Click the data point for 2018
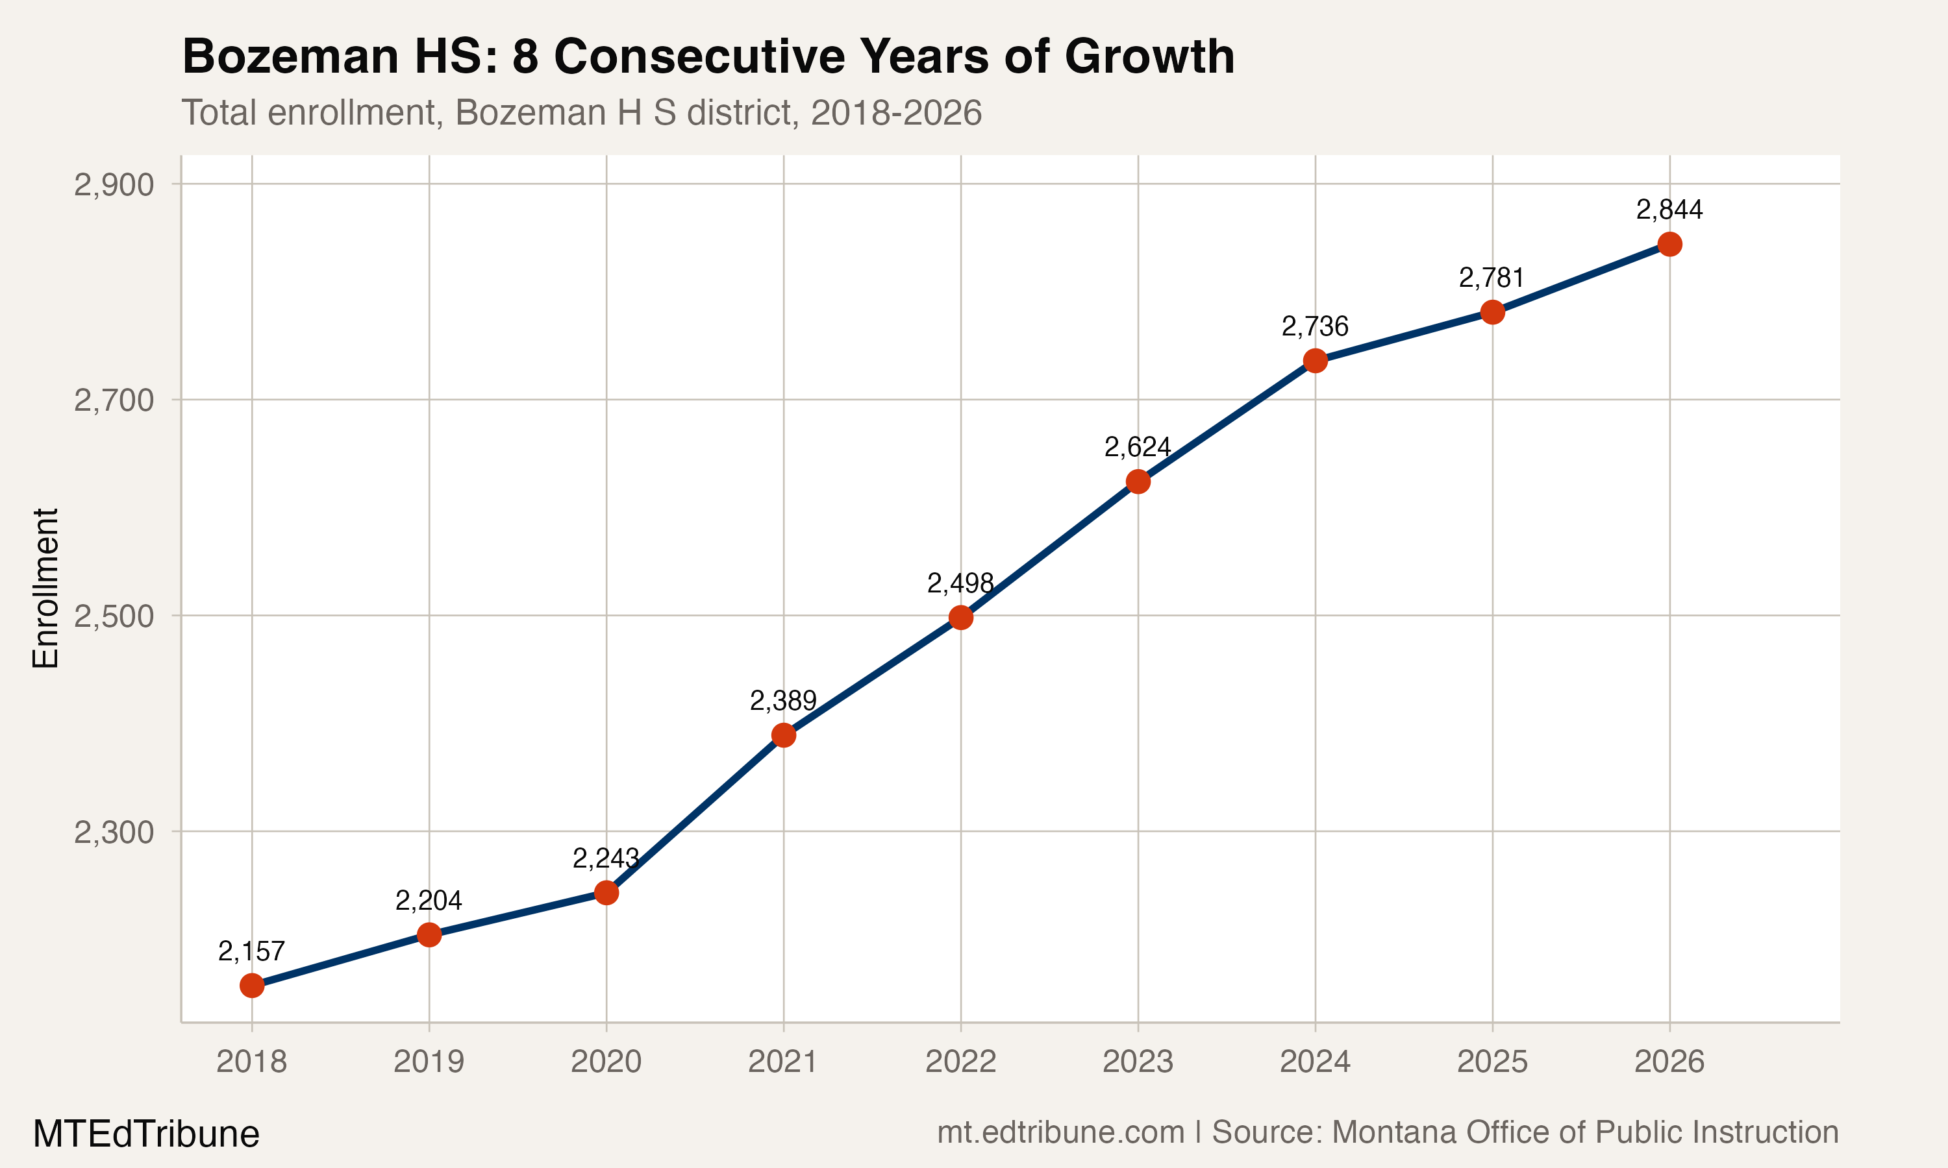[251, 986]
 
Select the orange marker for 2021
[784, 736]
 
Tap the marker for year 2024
[1315, 361]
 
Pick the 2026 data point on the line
[1669, 245]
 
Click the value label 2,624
[1137, 448]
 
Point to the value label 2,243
[605, 858]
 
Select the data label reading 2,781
[1492, 278]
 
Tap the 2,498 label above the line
[960, 584]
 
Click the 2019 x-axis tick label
[429, 1062]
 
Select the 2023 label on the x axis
[1137, 1062]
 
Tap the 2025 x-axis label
[1492, 1062]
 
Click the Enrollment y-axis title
[45, 589]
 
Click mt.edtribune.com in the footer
[1060, 1132]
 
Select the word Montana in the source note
[1393, 1132]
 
